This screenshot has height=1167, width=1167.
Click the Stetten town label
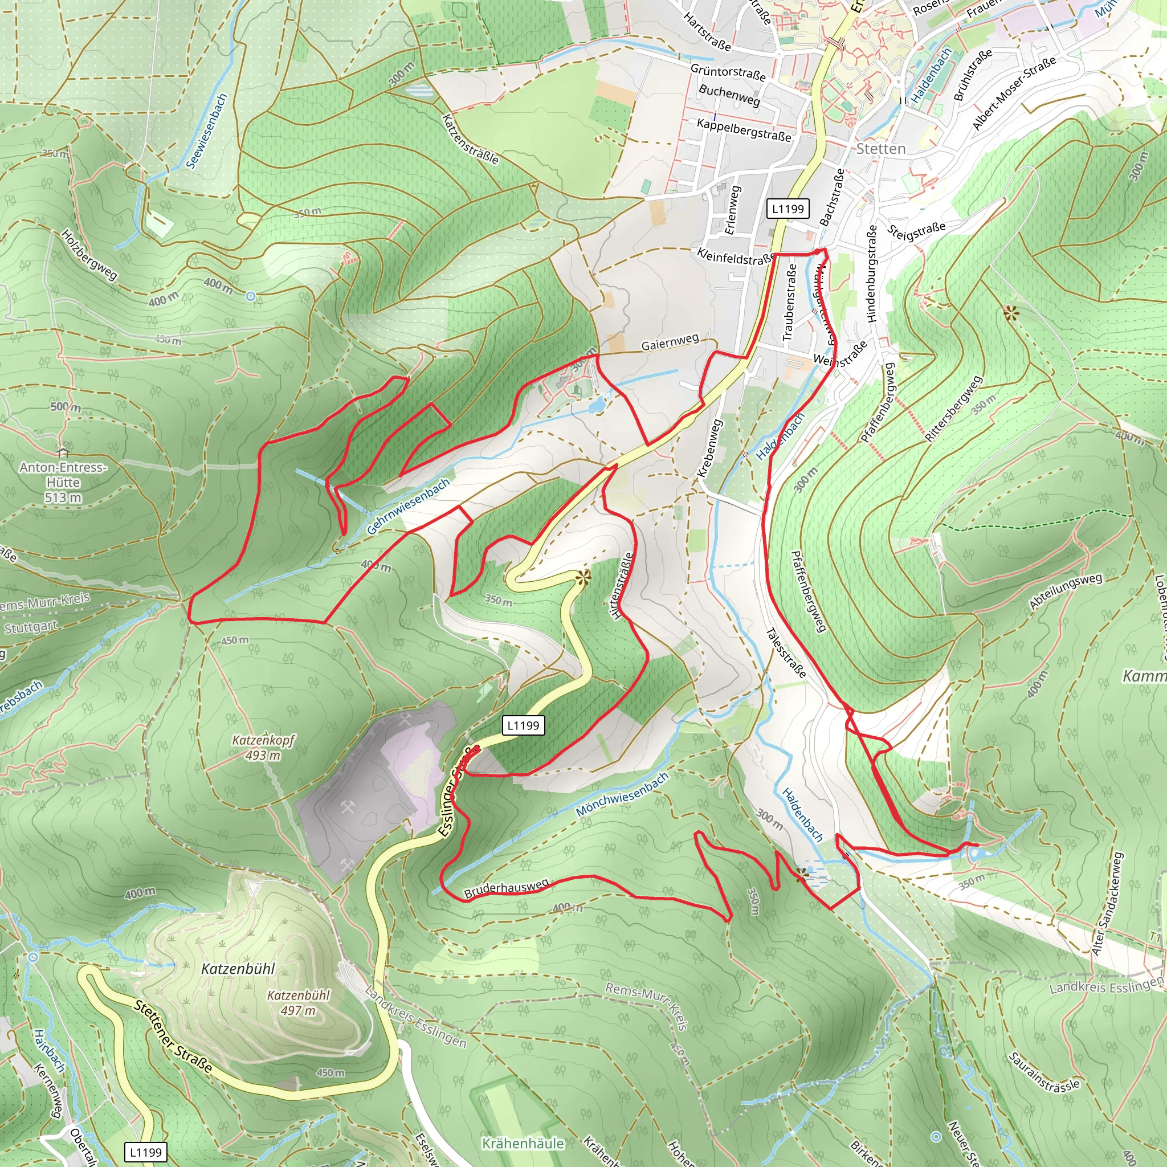pyautogui.click(x=881, y=149)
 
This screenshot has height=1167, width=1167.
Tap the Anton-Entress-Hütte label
pyautogui.click(x=63, y=475)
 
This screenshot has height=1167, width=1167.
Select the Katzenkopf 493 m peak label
pyautogui.click(x=263, y=747)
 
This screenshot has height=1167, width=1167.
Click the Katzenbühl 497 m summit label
pyautogui.click(x=299, y=1002)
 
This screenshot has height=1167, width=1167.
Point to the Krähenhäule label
pyautogui.click(x=523, y=1144)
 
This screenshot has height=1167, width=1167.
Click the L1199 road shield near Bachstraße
pyautogui.click(x=788, y=209)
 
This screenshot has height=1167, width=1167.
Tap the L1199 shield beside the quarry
pyautogui.click(x=523, y=725)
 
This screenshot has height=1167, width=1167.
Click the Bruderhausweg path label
pyautogui.click(x=506, y=888)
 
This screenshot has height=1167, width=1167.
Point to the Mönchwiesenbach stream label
pyautogui.click(x=622, y=794)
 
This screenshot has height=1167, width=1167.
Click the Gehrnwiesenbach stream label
pyautogui.click(x=409, y=506)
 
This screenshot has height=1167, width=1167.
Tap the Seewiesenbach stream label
pyautogui.click(x=207, y=131)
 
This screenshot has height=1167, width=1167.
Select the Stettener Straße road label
pyautogui.click(x=173, y=1037)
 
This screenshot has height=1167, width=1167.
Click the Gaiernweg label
pyautogui.click(x=670, y=342)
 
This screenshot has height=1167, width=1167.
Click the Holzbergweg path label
pyautogui.click(x=89, y=254)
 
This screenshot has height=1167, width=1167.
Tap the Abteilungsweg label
pyautogui.click(x=1066, y=591)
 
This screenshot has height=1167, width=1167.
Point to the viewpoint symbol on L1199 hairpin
pyautogui.click(x=583, y=578)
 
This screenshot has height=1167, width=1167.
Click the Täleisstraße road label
pyautogui.click(x=786, y=653)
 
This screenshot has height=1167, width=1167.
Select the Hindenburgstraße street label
pyautogui.click(x=871, y=274)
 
